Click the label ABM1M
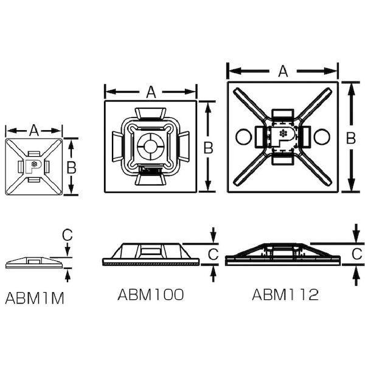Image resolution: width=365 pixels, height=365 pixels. click(x=35, y=298)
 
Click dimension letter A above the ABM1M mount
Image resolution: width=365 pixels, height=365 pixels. click(x=34, y=130)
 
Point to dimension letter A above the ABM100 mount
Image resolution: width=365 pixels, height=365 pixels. click(x=151, y=92)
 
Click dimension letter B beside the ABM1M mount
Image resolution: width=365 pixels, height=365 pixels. click(x=71, y=167)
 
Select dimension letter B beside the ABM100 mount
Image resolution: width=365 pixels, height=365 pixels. click(x=209, y=147)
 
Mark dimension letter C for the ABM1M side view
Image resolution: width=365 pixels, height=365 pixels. click(x=68, y=234)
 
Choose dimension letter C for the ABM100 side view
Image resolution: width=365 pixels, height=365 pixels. click(x=213, y=252)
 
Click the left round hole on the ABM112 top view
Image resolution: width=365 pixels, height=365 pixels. click(x=243, y=137)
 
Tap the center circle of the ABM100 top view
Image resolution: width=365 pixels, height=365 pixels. click(x=150, y=147)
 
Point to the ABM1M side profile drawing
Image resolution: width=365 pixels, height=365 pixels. click(x=34, y=262)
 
